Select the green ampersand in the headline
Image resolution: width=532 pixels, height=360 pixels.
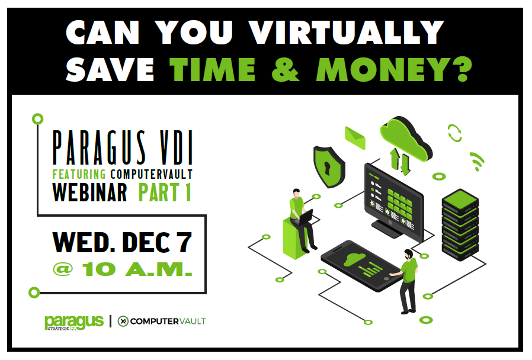[287, 69]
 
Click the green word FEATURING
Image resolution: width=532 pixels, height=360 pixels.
[78, 174]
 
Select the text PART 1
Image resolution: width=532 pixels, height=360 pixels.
[165, 192]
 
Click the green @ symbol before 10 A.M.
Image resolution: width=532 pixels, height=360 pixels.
[63, 269]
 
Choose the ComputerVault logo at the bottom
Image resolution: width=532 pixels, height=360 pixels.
[161, 321]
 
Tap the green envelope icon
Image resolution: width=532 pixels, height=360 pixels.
[355, 137]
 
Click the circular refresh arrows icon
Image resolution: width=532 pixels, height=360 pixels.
[454, 133]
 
